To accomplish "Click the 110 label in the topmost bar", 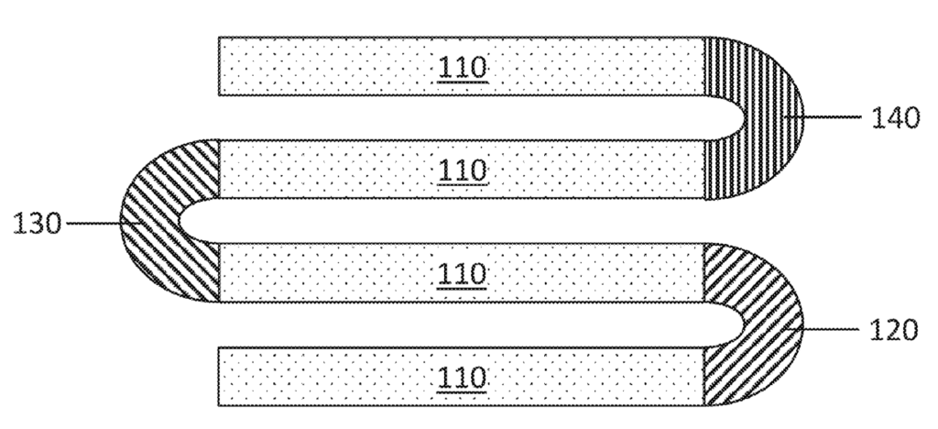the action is (x=463, y=67).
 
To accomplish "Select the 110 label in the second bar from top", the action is (x=463, y=170).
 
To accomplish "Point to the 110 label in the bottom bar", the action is (x=463, y=378).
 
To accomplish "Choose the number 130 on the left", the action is (x=37, y=224).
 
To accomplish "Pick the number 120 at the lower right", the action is (x=893, y=330).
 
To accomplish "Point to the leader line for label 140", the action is (x=823, y=117).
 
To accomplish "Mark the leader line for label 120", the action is (x=823, y=329).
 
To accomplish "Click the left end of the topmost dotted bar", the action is (x=219, y=66).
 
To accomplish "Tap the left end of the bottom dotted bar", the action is (x=219, y=377).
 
